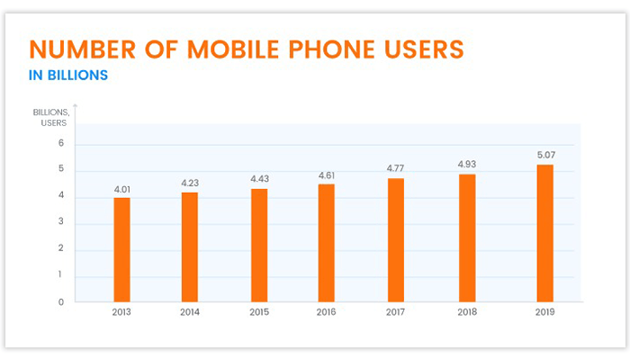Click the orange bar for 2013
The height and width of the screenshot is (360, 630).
pos(121,249)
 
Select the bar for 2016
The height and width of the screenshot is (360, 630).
pos(326,243)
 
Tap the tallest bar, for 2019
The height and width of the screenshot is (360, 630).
pos(544,233)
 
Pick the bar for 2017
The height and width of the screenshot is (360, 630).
pos(396,240)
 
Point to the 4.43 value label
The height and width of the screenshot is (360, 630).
pos(259,179)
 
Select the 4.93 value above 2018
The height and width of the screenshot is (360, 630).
pos(466,165)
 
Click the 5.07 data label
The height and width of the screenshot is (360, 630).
pos(544,154)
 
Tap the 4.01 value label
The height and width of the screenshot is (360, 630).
pos(121,189)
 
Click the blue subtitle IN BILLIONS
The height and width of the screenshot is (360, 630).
pos(68,75)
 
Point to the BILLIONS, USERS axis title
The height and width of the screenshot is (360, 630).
pos(49,117)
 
